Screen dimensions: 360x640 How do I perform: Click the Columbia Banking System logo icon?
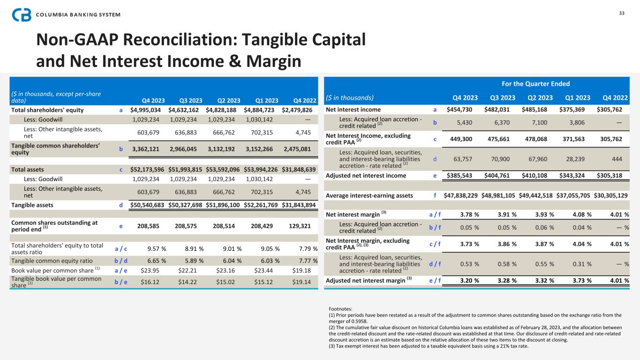coord(22,15)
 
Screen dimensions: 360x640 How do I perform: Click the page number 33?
coord(622,13)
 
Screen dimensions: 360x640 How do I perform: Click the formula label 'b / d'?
coord(121,261)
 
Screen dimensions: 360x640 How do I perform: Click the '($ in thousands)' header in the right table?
coord(350,97)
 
